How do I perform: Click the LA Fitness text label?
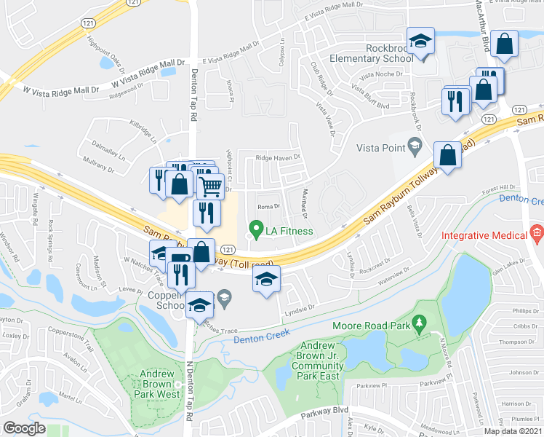pyautogui.click(x=289, y=232)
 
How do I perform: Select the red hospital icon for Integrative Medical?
pyautogui.click(x=537, y=235)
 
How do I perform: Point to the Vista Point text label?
pyautogui.click(x=380, y=148)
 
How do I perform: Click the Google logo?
pyautogui.click(x=24, y=428)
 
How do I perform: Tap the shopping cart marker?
pyautogui.click(x=210, y=186)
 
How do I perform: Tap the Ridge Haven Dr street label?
pyautogui.click(x=277, y=157)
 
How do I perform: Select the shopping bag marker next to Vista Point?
pyautogui.click(x=448, y=155)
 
